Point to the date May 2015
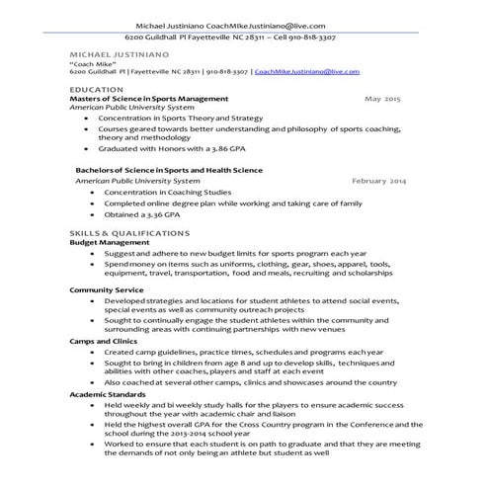(x=383, y=100)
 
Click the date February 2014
(x=379, y=182)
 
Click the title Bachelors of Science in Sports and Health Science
(x=169, y=170)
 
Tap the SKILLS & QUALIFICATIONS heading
(x=128, y=231)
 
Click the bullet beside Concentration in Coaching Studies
(x=92, y=193)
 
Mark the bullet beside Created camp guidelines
(x=92, y=351)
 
